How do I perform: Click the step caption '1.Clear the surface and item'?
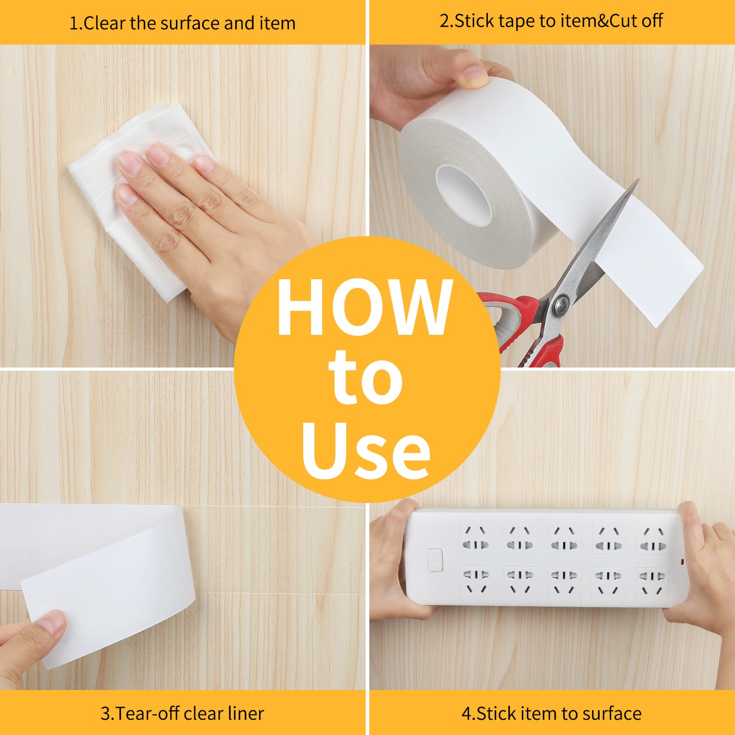click(182, 23)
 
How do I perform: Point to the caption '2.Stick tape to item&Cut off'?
click(551, 21)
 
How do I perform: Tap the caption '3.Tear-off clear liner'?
click(182, 713)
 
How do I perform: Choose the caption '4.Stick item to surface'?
click(551, 713)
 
